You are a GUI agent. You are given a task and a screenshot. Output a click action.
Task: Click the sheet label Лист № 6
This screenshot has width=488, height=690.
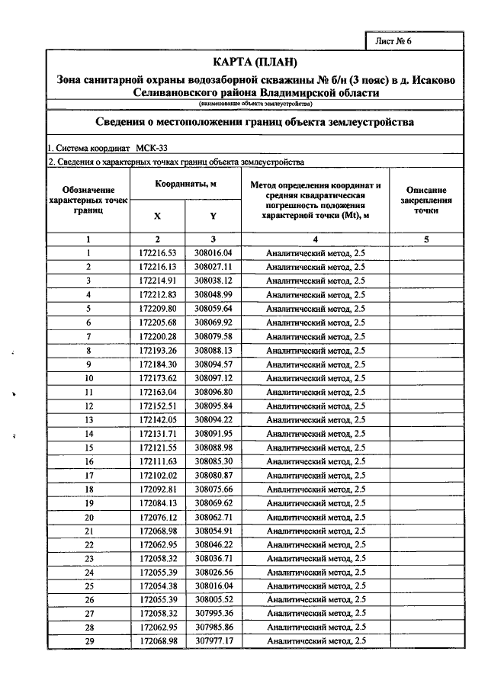pos(393,41)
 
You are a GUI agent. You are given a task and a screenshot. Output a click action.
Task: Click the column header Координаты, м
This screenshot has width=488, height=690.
pos(186,185)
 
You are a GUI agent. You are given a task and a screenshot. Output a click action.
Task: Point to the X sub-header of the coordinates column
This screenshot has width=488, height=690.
pos(158,216)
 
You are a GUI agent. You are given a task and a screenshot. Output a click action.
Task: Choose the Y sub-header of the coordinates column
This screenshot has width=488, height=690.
pos(213,216)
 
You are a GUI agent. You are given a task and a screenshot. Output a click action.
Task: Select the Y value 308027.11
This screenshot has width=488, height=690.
pos(213,266)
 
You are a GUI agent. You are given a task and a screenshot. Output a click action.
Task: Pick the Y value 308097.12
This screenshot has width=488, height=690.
pos(213,378)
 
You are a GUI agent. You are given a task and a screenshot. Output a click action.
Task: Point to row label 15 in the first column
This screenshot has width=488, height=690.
pos(88,448)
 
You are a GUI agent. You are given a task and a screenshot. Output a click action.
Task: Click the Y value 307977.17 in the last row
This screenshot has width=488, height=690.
pos(213,642)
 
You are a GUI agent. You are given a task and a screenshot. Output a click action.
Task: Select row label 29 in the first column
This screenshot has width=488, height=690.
pos(88,642)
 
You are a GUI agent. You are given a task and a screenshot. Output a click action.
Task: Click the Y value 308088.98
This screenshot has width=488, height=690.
pos(213,448)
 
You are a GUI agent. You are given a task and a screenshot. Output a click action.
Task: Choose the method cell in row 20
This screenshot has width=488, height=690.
pos(315,517)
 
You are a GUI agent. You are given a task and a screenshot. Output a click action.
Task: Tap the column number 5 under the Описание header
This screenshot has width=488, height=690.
pos(426,239)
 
